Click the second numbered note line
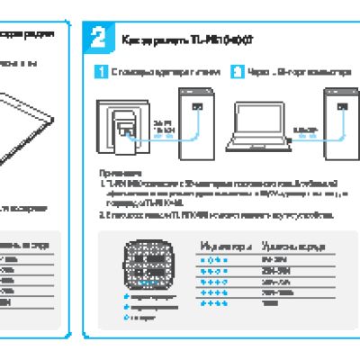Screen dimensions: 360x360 [216, 216]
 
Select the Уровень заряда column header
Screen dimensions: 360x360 [287, 245]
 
